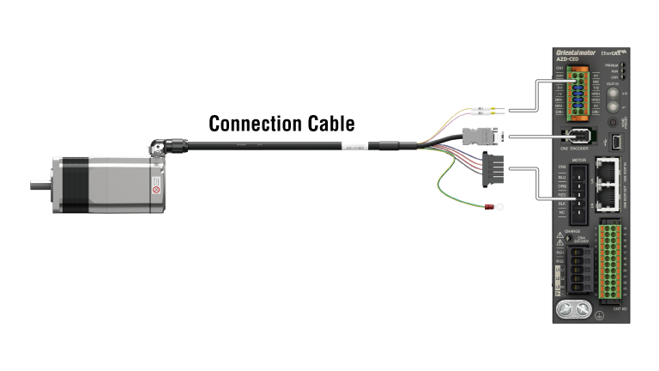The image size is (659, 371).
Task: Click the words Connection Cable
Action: pos(282,123)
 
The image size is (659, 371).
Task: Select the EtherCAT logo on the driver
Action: pos(611,52)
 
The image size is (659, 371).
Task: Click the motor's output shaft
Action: pos(39,184)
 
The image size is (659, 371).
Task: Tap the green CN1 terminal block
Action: pos(580,94)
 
